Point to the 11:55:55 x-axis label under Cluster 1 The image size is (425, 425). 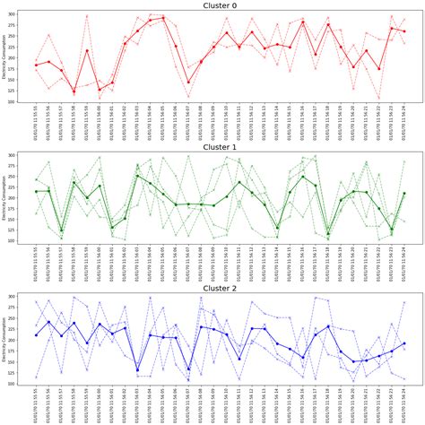pyautogui.click(x=37, y=265)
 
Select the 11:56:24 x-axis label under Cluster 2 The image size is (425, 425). pyautogui.click(x=405, y=406)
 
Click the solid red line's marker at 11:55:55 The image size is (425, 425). pyautogui.click(x=36, y=65)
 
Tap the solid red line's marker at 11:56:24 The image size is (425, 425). pyautogui.click(x=405, y=31)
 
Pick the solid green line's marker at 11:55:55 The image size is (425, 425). pyautogui.click(x=36, y=191)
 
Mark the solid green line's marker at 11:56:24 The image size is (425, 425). pyautogui.click(x=405, y=193)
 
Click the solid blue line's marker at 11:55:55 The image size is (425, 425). pyautogui.click(x=36, y=335)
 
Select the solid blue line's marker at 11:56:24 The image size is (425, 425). pyautogui.click(x=405, y=343)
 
